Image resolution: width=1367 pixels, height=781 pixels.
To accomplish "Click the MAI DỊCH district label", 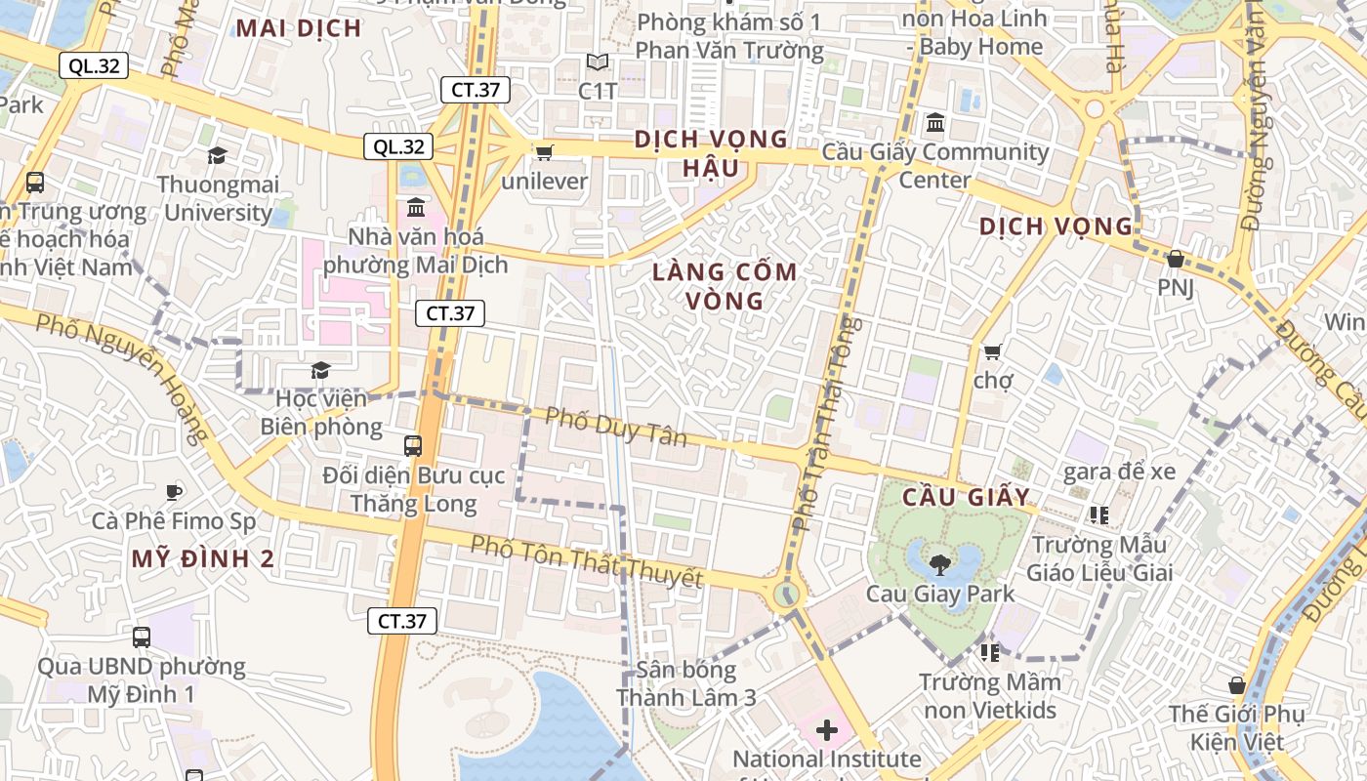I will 299,28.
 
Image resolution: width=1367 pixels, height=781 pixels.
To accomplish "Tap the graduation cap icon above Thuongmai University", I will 217,155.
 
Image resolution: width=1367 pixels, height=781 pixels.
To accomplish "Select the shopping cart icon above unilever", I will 544,152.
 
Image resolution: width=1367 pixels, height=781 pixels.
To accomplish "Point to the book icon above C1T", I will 598,62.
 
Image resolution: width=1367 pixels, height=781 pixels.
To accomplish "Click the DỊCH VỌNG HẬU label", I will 710,153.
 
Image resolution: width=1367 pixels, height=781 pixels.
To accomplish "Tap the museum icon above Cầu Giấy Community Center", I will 935,123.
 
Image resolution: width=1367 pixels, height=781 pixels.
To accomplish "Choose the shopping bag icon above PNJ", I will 1176,259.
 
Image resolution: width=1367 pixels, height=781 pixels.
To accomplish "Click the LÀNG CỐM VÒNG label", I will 725,286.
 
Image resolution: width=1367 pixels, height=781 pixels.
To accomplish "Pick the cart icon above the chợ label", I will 993,351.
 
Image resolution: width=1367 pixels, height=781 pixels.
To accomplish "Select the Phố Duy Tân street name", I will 616,427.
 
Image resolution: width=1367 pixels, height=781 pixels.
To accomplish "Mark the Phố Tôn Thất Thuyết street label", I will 587,561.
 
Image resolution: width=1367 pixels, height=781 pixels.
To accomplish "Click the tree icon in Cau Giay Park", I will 940,563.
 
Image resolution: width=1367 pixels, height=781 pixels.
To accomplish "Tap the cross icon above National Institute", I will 827,729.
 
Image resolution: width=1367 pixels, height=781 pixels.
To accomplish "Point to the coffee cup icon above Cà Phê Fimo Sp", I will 174,492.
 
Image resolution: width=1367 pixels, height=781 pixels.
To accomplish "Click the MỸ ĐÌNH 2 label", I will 203,559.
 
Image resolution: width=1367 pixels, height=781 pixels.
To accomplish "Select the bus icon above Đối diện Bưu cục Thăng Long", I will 413,446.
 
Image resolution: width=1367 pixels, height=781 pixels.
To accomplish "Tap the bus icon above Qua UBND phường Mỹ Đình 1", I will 142,637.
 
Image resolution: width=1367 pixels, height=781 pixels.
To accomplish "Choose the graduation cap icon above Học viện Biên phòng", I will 320,370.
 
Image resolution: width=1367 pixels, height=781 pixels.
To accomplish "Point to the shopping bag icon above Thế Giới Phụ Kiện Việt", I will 1237,685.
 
